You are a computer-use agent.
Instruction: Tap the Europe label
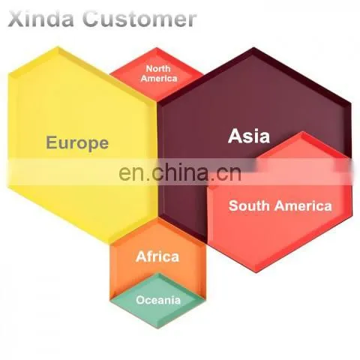pos(77,143)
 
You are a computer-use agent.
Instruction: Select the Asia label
pos(249,136)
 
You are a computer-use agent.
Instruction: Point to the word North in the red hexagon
pos(158,68)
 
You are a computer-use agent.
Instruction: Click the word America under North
pos(159,79)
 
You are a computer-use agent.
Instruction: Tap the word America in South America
pos(303,206)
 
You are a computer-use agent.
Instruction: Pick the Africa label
pos(157,256)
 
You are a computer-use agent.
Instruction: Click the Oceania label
pos(158,300)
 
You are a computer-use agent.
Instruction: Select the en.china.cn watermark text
pos(180,172)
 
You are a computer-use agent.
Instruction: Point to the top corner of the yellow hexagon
pos(58,46)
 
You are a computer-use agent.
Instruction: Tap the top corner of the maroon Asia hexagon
pos(254,47)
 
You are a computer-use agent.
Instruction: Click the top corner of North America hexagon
pos(157,47)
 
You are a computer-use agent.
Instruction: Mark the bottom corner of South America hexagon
pos(257,272)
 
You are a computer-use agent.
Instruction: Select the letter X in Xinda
pos(15,19)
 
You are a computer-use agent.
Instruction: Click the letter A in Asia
pos(235,136)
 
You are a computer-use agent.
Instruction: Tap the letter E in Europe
pos(51,142)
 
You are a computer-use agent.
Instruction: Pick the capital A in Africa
pos(142,256)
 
